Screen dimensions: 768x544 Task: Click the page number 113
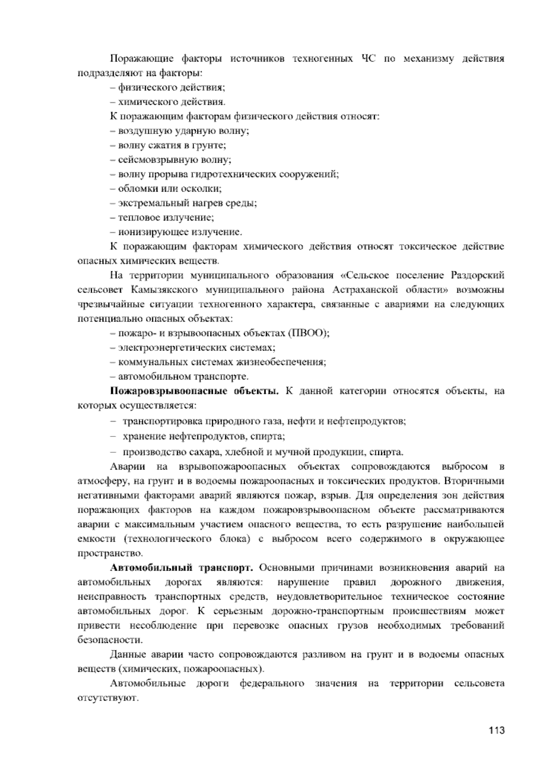point(497,730)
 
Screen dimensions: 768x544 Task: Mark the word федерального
point(272,683)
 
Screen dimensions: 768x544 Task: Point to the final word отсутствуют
point(107,698)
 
